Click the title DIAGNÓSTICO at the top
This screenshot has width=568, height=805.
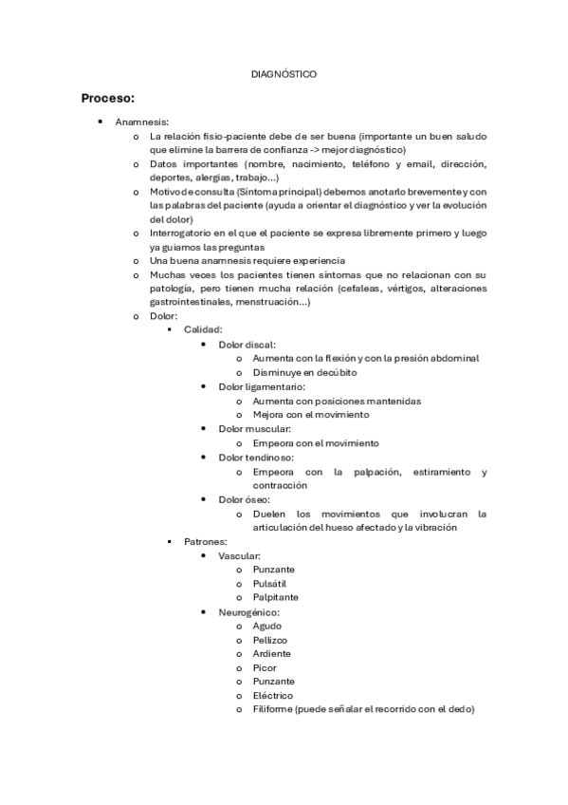tap(284, 73)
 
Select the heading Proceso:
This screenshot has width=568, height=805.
tap(108, 98)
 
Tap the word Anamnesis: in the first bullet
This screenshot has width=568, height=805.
tap(142, 122)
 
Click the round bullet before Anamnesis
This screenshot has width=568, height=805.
tap(101, 122)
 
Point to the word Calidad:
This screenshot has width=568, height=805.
tap(203, 329)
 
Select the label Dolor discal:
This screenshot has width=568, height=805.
tap(247, 344)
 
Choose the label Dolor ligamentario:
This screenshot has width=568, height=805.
tap(261, 386)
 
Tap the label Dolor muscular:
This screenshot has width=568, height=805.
tap(254, 428)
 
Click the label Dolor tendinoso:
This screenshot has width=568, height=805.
tap(256, 457)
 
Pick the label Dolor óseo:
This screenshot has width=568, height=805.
tap(244, 498)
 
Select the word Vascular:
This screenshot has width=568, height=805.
tap(239, 555)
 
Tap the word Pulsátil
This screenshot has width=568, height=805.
tap(269, 583)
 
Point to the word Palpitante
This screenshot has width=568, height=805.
tap(275, 597)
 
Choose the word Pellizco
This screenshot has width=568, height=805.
tap(270, 640)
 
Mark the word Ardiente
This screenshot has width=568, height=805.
tap(272, 653)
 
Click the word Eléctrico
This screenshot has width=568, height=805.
tap(273, 695)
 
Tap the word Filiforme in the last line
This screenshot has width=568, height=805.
tap(272, 709)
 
